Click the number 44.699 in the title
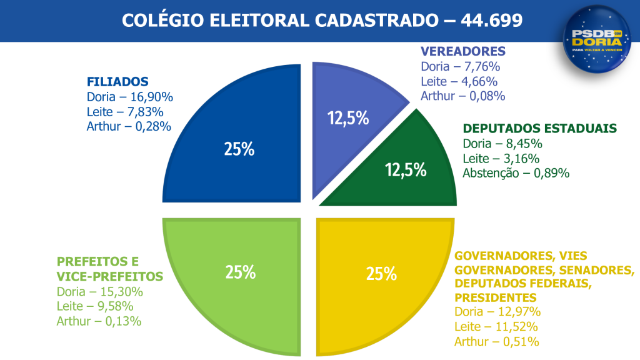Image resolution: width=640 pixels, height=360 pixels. pyautogui.click(x=492, y=20)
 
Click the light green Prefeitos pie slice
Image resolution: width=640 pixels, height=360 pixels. pyautogui.click(x=241, y=275)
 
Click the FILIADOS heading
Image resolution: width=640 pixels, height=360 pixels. pyautogui.click(x=117, y=82)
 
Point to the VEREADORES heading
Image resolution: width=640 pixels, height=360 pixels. pyautogui.click(x=462, y=51)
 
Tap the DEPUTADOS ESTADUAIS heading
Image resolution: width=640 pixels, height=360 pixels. pyautogui.click(x=540, y=129)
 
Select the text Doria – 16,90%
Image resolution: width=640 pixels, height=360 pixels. pyautogui.click(x=130, y=97)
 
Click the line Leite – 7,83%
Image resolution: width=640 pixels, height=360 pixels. pyautogui.click(x=126, y=112)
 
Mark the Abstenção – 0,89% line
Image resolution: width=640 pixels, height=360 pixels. pyautogui.click(x=516, y=174)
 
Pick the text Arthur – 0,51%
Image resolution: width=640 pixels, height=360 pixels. pyautogui.click(x=497, y=341)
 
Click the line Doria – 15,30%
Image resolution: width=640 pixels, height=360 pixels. pyautogui.click(x=100, y=292)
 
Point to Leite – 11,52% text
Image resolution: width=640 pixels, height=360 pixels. pyautogui.click(x=496, y=326)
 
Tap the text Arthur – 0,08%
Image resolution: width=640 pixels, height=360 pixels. pyautogui.click(x=462, y=96)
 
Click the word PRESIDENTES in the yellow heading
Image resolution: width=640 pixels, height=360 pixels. pyautogui.click(x=495, y=297)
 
